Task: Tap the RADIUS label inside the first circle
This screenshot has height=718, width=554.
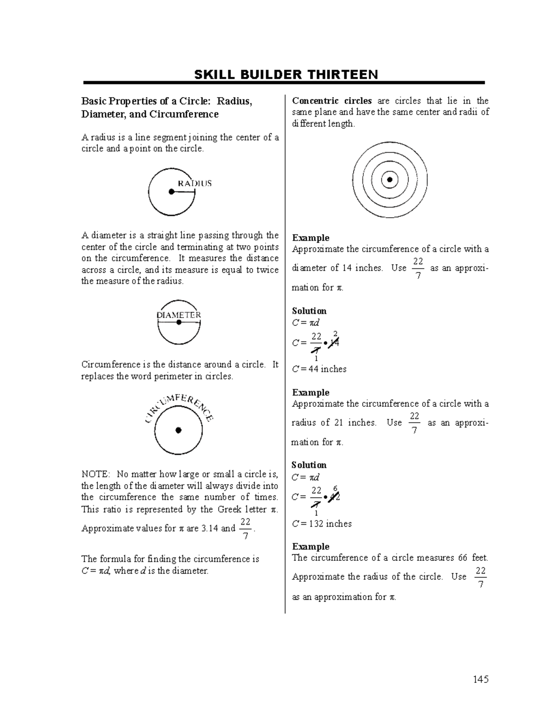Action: [x=195, y=183]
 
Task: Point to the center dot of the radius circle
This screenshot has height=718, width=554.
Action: [x=171, y=191]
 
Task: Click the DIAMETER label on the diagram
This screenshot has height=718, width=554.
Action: [x=179, y=315]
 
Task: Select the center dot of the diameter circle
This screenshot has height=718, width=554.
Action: [x=179, y=323]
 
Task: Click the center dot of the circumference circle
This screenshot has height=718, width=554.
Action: [x=179, y=430]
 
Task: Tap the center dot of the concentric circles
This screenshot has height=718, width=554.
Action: [x=390, y=179]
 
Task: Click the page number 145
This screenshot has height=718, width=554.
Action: [x=480, y=679]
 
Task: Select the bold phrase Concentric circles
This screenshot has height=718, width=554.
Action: [x=331, y=101]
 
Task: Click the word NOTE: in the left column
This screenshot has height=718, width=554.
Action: [x=96, y=474]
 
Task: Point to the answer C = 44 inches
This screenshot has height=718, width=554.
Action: [x=319, y=369]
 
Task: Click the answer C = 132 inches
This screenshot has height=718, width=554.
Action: [x=322, y=524]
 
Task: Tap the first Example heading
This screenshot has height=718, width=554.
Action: [x=311, y=238]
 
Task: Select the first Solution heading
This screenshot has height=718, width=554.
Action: [x=309, y=311]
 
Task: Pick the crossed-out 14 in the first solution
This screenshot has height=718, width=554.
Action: [x=334, y=343]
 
